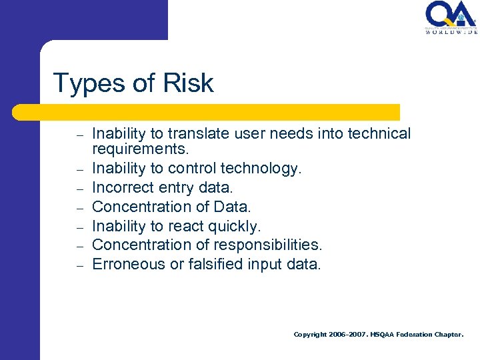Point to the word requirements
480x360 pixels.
coord(141,147)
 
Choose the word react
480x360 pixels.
coord(197,227)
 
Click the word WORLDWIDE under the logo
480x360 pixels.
coord(451,31)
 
